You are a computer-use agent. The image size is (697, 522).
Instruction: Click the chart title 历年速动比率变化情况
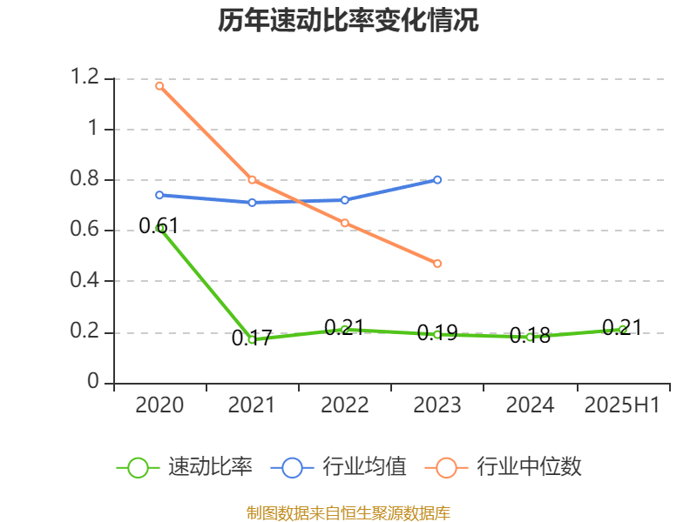348,21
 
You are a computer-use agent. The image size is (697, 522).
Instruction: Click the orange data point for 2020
159,86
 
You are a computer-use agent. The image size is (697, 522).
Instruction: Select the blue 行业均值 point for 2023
437,180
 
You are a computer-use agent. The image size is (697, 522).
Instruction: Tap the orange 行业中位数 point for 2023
437,264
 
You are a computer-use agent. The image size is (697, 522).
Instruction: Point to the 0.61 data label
159,226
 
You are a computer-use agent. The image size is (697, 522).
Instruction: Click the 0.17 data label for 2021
252,338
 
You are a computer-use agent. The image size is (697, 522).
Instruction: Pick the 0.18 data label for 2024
530,336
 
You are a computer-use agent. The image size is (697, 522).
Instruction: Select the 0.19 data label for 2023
437,333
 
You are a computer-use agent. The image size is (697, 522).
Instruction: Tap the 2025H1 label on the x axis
622,405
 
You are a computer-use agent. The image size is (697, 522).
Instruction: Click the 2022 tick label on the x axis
345,405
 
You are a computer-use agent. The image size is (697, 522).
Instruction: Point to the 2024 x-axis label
530,405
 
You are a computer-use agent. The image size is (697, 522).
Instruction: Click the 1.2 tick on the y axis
88,79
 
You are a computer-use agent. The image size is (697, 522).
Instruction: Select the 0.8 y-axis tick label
88,180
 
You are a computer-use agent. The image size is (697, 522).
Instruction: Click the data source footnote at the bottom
348,512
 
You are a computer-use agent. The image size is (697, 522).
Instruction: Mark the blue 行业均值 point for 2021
252,203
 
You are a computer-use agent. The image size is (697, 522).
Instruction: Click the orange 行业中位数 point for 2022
345,224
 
